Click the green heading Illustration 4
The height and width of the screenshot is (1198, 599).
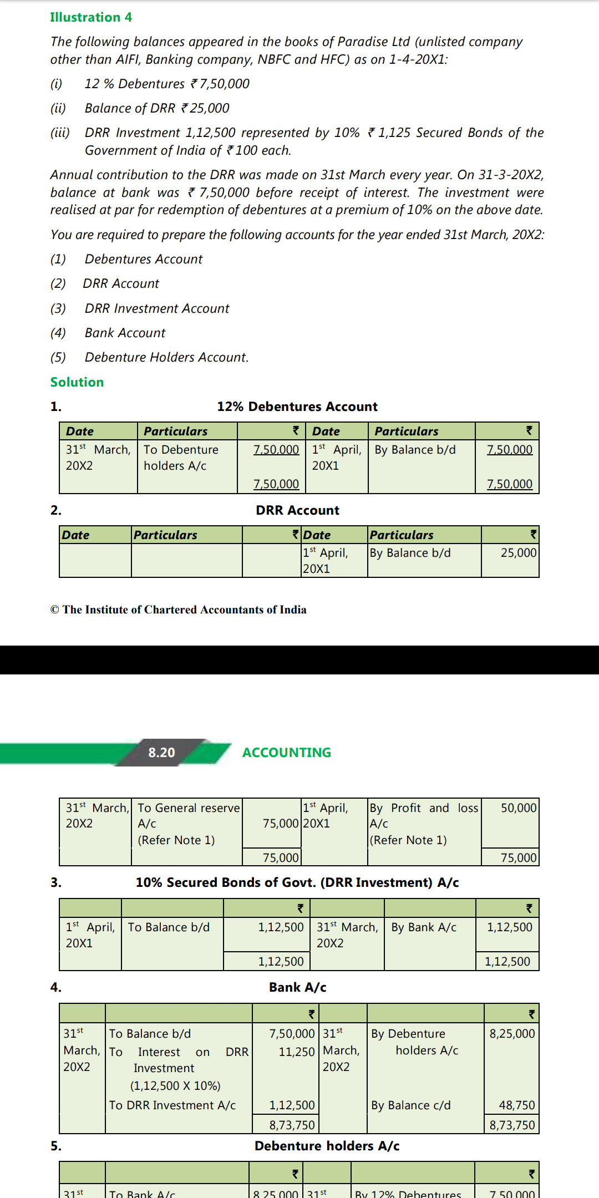pos(91,17)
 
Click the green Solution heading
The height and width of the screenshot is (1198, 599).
pos(77,382)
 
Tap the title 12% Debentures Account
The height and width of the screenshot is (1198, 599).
pos(297,407)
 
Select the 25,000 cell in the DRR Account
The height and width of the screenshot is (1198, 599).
pos(518,553)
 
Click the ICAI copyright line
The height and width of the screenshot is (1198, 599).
pos(178,610)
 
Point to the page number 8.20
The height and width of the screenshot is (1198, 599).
pos(161,753)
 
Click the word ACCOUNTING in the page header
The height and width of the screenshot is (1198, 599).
pos(286,753)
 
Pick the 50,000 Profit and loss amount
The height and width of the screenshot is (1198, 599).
pos(518,808)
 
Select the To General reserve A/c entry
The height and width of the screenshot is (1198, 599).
pos(188,816)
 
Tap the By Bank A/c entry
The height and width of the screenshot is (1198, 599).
pos(424,927)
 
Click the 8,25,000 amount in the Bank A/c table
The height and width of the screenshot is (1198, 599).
pos(512,1034)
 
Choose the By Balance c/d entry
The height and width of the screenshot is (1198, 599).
pos(410,1105)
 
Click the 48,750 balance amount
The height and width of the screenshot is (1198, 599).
pos(516,1105)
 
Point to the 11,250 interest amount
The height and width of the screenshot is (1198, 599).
pos(296,1052)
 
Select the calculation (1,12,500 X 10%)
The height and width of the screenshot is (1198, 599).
pos(175,1086)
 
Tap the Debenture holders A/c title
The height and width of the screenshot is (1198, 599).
pos(327,1146)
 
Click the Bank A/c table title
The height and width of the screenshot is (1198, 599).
pos(297,987)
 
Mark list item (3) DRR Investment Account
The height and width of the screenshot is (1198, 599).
pos(156,308)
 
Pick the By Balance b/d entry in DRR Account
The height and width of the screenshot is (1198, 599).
pos(410,553)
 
